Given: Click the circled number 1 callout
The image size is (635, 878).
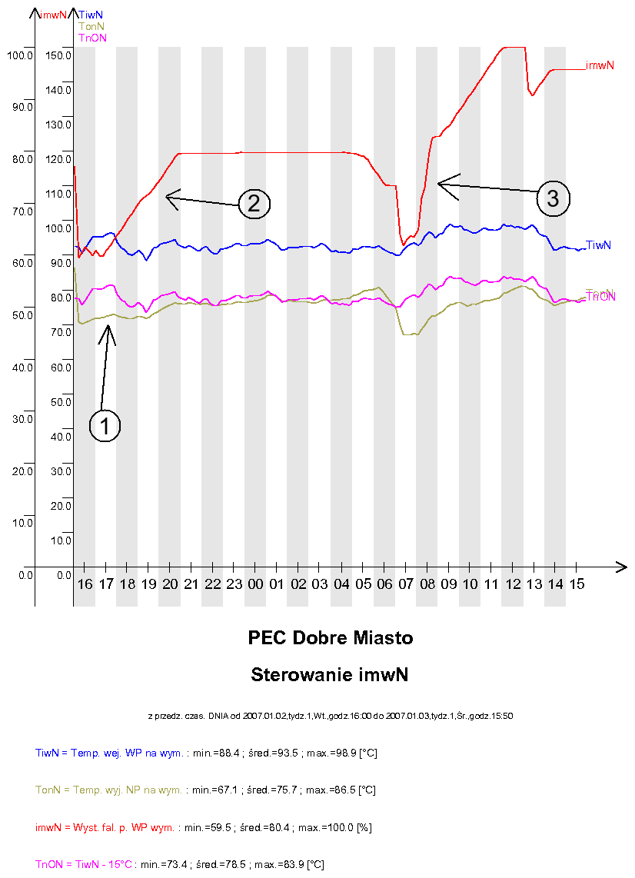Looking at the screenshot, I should click(x=105, y=425).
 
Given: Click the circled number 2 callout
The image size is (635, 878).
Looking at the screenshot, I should click(x=254, y=204).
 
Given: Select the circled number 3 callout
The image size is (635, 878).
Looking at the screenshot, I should click(x=553, y=198).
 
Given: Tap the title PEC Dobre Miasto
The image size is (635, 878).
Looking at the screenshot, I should click(x=330, y=638).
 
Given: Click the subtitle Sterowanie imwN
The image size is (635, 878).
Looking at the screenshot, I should click(x=329, y=675).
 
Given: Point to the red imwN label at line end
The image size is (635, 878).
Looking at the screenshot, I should click(x=600, y=65).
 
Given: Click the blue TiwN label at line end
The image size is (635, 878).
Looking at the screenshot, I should click(x=598, y=245).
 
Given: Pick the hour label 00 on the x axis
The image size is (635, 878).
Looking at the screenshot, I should click(x=256, y=584).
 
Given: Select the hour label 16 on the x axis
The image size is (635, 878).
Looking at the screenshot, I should click(x=85, y=584).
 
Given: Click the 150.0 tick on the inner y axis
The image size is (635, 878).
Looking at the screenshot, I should click(x=58, y=55).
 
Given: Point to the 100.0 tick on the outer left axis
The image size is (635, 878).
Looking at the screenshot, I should click(x=19, y=55).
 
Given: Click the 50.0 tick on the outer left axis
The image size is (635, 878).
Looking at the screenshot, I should click(x=22, y=314).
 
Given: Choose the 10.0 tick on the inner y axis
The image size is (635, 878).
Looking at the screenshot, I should click(x=61, y=540).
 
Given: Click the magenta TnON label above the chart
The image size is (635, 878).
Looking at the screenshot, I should click(x=93, y=38).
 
